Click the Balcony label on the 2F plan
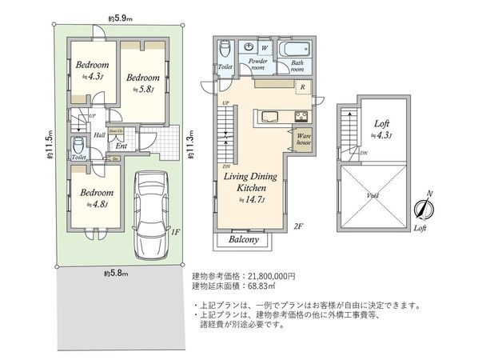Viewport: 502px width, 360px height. pos(243,239)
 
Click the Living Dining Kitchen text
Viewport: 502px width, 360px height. pos(250,182)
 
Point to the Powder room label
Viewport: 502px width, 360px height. pos(257,65)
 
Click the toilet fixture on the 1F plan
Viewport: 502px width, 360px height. pos(78,146)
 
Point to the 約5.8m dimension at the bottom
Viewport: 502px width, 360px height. pos(118,274)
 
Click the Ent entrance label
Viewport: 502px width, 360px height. pos(122,146)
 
